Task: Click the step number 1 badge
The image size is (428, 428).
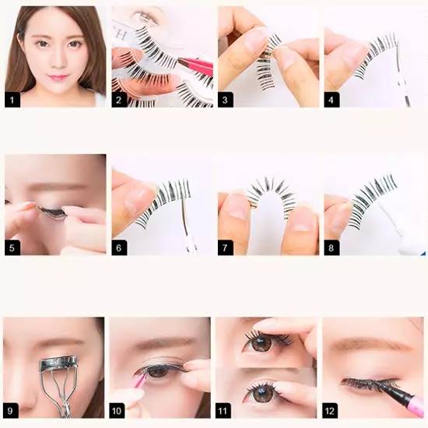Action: [12, 100]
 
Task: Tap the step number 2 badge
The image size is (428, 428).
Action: [119, 100]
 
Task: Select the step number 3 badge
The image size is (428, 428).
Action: [226, 100]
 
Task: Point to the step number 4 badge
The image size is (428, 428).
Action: [332, 100]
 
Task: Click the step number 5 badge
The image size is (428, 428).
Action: [12, 247]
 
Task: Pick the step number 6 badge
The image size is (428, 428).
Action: [119, 247]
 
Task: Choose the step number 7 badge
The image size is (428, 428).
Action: [226, 247]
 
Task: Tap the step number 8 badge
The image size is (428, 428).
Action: [332, 247]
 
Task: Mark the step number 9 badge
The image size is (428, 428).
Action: [10, 411]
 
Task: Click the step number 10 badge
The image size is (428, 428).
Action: [117, 411]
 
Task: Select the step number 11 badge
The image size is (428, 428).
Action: [223, 411]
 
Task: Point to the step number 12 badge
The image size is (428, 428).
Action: [330, 411]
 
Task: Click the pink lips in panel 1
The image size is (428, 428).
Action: [58, 77]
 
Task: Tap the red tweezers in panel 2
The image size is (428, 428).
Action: [195, 66]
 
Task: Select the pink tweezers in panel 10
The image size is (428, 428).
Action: [141, 380]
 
